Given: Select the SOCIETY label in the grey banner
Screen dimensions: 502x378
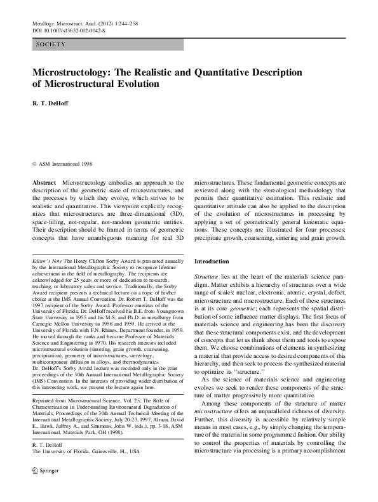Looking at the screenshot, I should point(51,44).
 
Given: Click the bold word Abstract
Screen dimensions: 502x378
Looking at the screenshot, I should point(44,182).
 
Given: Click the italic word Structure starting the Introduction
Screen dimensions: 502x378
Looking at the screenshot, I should point(206,278).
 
